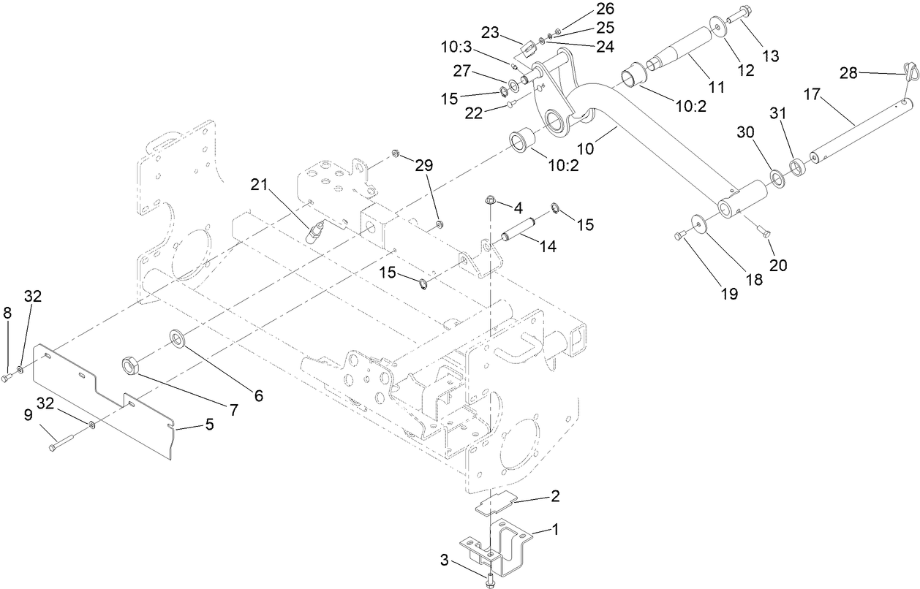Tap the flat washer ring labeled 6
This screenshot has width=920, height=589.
(x=178, y=338)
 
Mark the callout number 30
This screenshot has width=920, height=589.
(x=744, y=132)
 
